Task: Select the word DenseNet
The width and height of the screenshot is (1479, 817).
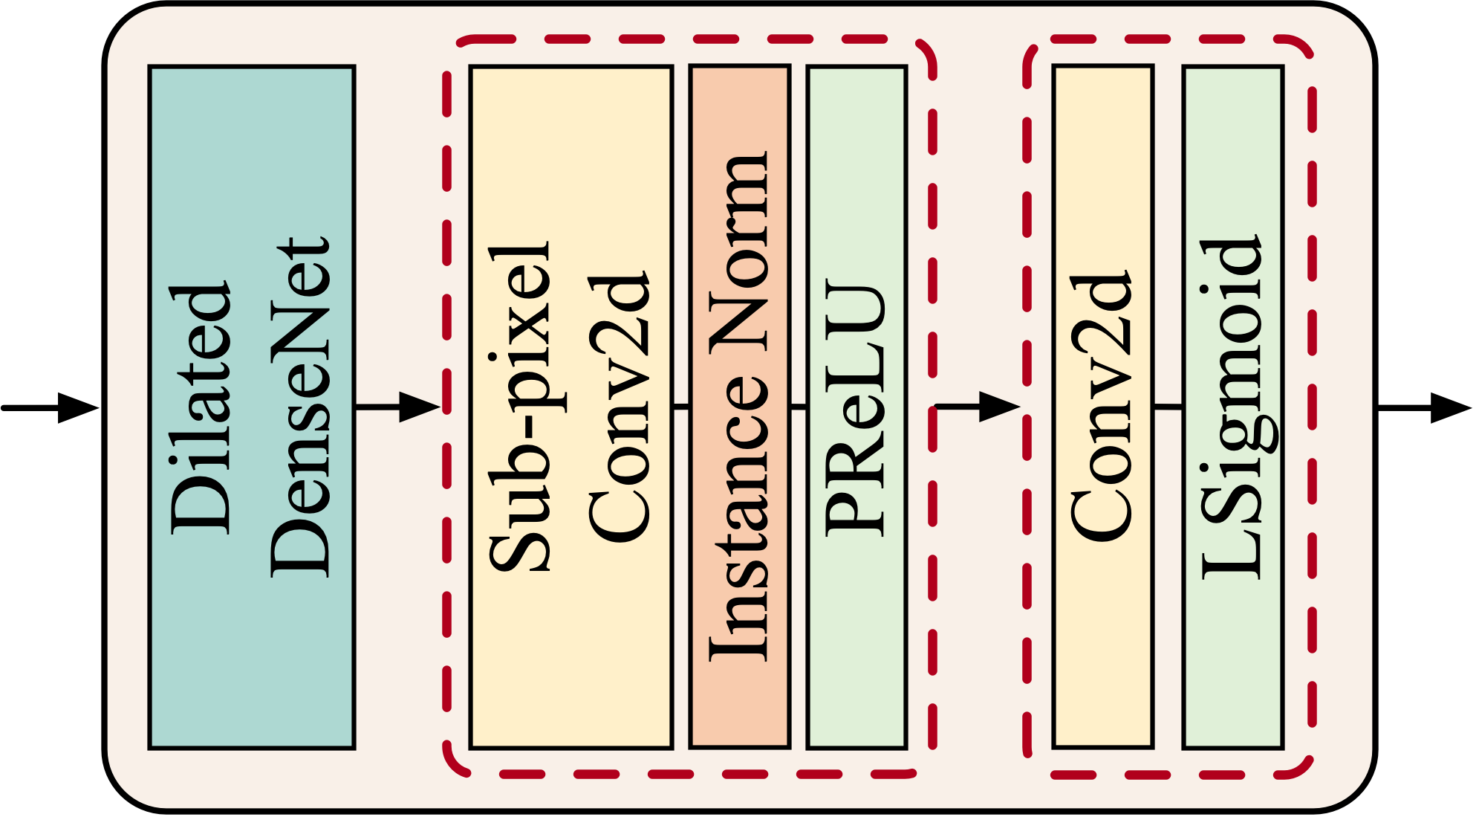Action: click(x=299, y=407)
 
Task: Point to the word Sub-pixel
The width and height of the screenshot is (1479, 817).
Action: click(x=520, y=407)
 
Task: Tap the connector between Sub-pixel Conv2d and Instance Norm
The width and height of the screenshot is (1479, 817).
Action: click(x=681, y=407)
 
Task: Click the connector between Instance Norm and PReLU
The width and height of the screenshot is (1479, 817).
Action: click(x=798, y=407)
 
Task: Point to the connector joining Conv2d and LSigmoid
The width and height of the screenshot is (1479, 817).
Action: click(x=1168, y=407)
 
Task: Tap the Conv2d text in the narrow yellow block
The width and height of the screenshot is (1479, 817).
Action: click(x=1102, y=407)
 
